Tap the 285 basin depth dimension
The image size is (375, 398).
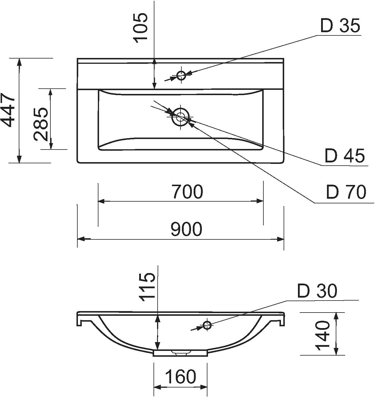pyautogui.click(x=41, y=124)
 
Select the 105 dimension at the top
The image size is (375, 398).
pyautogui.click(x=141, y=28)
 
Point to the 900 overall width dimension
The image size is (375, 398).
pyautogui.click(x=186, y=229)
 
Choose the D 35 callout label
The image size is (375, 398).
pyautogui.click(x=340, y=25)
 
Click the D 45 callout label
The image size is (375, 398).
pyautogui.click(x=345, y=155)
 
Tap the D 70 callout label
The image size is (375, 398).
pyautogui.click(x=346, y=192)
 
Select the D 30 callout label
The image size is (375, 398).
pyautogui.click(x=317, y=291)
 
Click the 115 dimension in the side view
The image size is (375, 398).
pyautogui.click(x=148, y=287)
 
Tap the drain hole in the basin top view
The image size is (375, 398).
pyautogui.click(x=180, y=117)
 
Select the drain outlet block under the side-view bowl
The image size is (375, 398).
pyautogui.click(x=180, y=354)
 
